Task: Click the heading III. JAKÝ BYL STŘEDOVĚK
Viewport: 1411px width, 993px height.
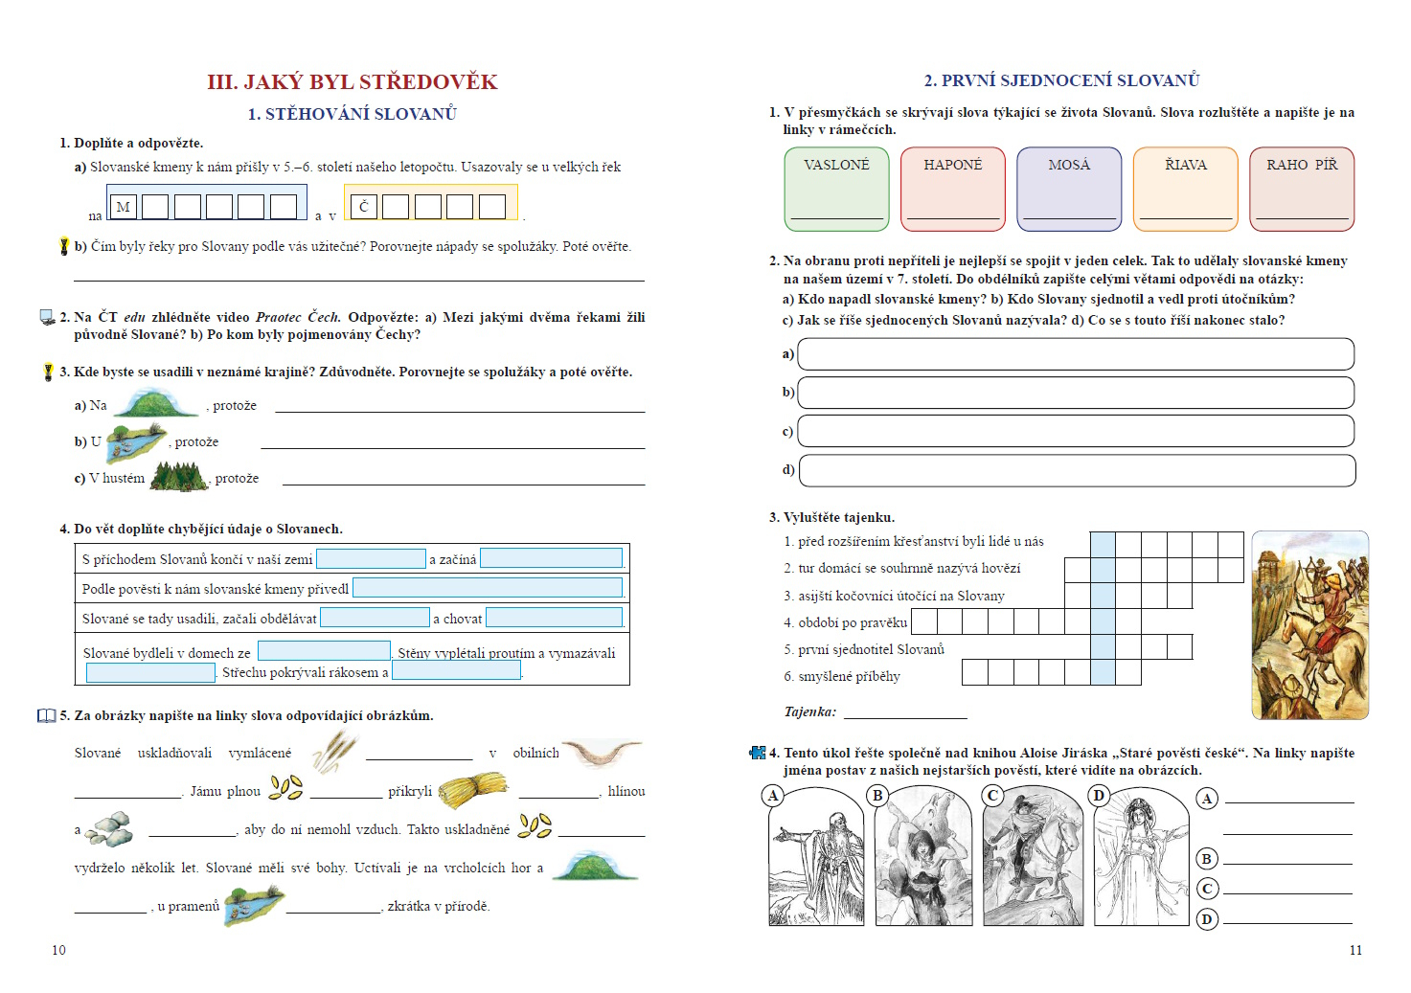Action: point(352,82)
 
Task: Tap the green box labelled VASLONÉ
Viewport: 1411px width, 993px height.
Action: point(836,189)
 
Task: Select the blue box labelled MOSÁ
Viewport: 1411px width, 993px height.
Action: point(1069,189)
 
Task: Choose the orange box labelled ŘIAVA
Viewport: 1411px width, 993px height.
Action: point(1186,189)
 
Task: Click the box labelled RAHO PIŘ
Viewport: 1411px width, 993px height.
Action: point(1302,189)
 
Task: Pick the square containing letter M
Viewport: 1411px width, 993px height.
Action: point(124,207)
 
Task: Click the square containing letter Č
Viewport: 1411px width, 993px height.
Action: point(364,207)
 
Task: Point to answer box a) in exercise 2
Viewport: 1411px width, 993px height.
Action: point(1076,354)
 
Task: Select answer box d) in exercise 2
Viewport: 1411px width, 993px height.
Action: point(1077,470)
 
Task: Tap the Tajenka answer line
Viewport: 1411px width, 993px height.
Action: point(905,712)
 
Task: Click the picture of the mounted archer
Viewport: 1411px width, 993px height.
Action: point(1309,624)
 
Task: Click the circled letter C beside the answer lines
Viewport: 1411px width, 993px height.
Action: point(1207,889)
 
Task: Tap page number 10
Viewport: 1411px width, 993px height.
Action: point(59,950)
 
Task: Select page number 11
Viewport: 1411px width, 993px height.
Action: point(1355,950)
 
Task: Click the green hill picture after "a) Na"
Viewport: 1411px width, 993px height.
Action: point(156,403)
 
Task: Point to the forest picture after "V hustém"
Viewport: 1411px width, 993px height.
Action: point(179,476)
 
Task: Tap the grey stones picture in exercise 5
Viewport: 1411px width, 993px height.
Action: point(110,829)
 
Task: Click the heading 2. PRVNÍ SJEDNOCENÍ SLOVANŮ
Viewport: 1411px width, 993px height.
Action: point(1061,81)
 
